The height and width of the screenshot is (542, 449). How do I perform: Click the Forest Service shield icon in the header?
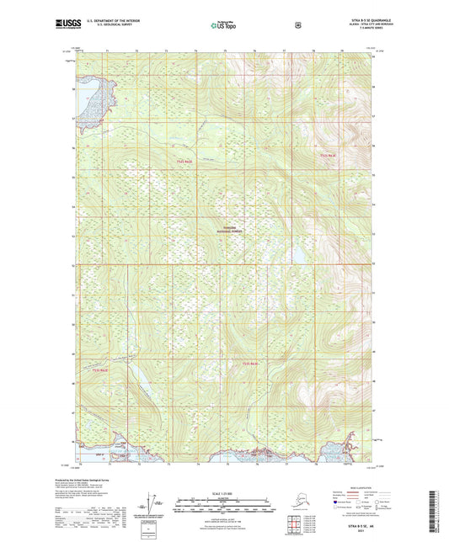(297, 24)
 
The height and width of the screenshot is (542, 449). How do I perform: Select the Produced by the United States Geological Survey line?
(110, 477)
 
